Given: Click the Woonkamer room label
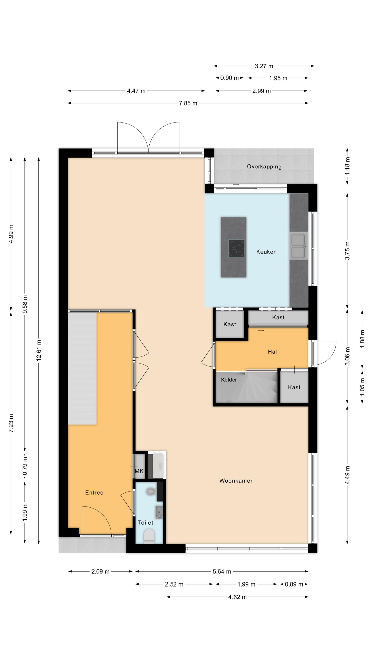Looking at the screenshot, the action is (x=236, y=480).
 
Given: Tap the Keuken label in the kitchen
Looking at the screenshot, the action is (x=266, y=252).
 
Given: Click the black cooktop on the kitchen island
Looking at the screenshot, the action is (x=236, y=248).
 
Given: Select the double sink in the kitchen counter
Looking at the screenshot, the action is (x=299, y=246).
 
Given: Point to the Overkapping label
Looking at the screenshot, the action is (x=264, y=166).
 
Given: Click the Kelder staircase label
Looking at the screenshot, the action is (x=229, y=380).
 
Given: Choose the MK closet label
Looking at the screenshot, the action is (x=139, y=471).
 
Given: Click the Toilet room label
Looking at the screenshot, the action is (x=145, y=522).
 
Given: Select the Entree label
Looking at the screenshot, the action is (x=94, y=492).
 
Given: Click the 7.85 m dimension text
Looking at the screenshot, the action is (x=188, y=103).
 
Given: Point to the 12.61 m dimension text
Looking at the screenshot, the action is (x=39, y=350).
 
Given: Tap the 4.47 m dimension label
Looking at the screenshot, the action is (x=136, y=91).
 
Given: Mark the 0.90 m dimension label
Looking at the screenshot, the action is (x=229, y=78).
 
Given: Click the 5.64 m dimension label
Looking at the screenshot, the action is (x=222, y=571).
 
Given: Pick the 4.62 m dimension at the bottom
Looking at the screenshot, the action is (x=237, y=597).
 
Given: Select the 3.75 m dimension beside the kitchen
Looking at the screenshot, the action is (x=347, y=250).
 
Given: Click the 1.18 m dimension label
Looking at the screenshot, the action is (x=347, y=166).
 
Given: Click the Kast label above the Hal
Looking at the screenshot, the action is (x=278, y=317).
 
